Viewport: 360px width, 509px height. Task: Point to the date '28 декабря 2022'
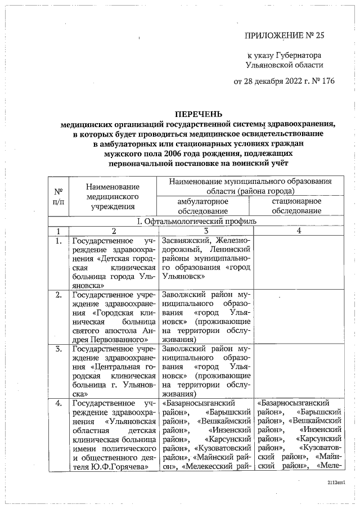coord(276,81)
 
